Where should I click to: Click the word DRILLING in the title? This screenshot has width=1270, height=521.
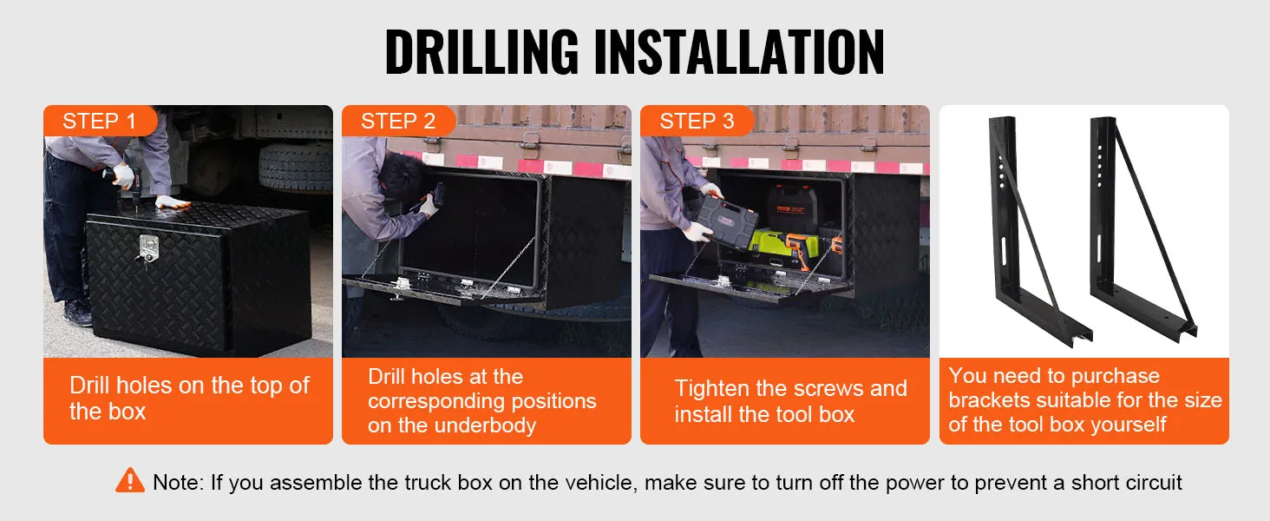pyautogui.click(x=482, y=51)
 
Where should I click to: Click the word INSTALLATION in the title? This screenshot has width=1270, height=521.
pyautogui.click(x=739, y=51)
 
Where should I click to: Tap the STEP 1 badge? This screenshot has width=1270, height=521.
pyautogui.click(x=99, y=121)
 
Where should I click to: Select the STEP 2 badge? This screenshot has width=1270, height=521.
pyautogui.click(x=398, y=121)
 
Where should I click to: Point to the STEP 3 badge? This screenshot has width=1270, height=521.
pyautogui.click(x=697, y=121)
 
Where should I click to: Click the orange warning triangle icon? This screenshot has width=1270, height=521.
pyautogui.click(x=130, y=480)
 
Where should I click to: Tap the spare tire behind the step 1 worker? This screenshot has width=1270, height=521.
pyautogui.click(x=295, y=167)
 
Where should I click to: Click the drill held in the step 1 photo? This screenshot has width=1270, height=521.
pyautogui.click(x=128, y=182)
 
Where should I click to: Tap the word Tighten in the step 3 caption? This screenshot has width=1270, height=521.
pyautogui.click(x=712, y=389)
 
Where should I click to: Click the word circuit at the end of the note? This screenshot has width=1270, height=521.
pyautogui.click(x=1155, y=483)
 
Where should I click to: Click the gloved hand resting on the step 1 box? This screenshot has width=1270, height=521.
pyautogui.click(x=172, y=201)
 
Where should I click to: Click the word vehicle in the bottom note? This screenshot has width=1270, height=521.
pyautogui.click(x=597, y=483)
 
